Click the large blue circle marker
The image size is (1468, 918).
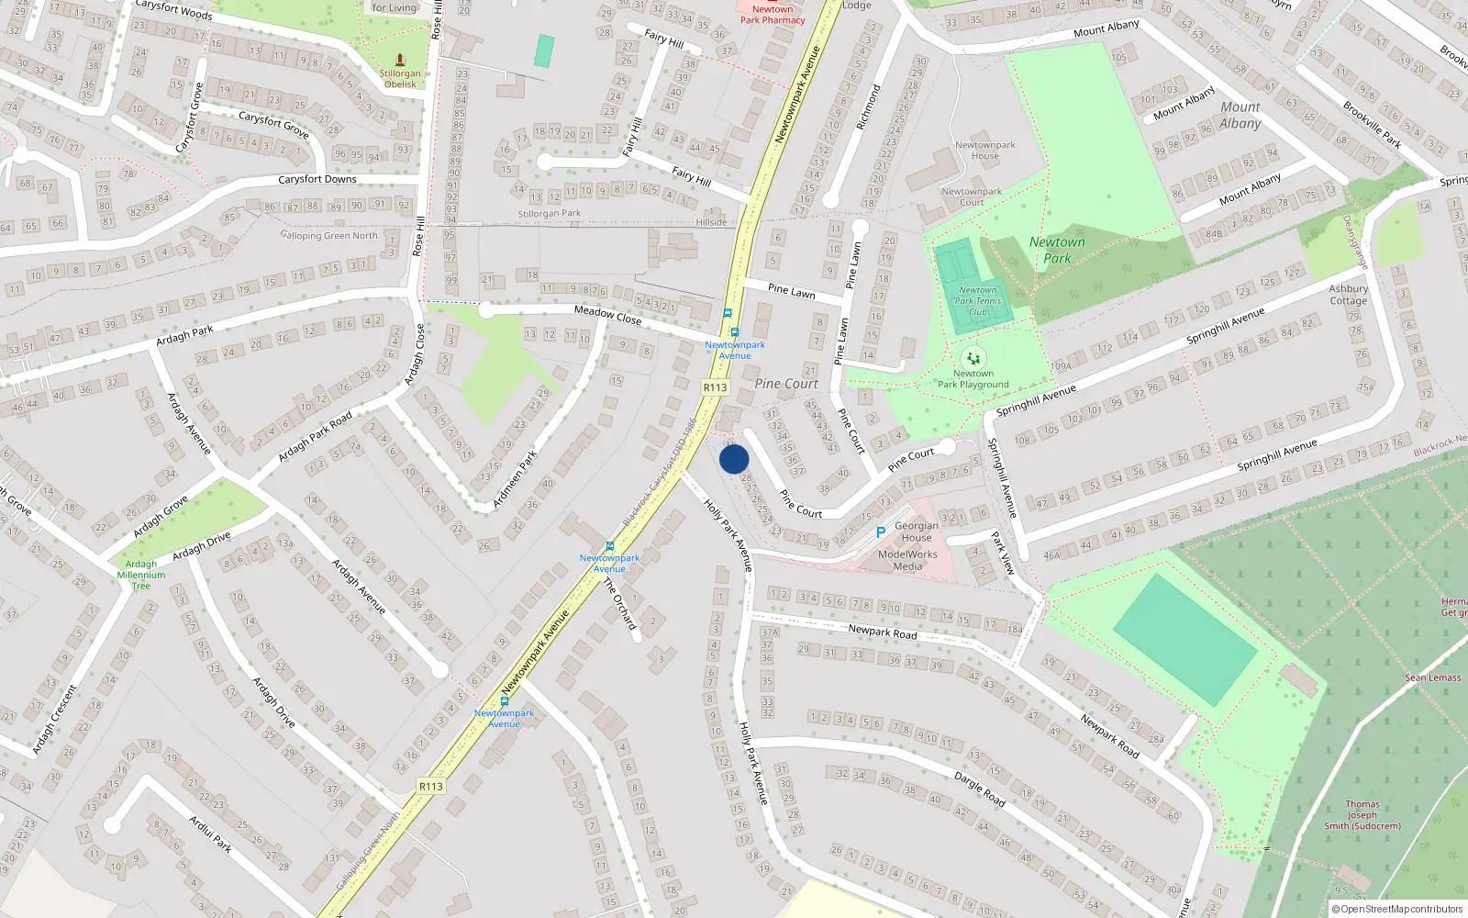(734, 459)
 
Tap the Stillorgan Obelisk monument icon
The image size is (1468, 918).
(400, 60)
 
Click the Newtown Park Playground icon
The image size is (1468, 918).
(973, 358)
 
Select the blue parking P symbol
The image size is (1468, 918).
(881, 532)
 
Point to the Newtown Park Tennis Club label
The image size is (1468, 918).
(977, 301)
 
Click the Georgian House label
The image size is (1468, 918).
(917, 532)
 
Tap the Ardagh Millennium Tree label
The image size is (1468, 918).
(141, 575)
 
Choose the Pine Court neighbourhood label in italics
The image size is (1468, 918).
(786, 384)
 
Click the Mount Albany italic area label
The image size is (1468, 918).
(1240, 116)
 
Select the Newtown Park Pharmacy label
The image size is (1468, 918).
(773, 15)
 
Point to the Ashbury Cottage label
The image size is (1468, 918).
(1348, 295)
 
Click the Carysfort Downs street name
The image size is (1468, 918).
(317, 180)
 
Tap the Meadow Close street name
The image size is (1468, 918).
(607, 315)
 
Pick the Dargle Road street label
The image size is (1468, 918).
(980, 789)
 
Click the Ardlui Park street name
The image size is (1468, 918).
(210, 834)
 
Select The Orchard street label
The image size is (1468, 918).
(619, 603)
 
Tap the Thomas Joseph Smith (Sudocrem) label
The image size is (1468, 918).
(1362, 815)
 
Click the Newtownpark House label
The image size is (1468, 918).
(984, 151)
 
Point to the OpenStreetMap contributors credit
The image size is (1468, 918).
(1397, 909)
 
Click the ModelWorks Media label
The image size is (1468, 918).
(907, 560)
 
